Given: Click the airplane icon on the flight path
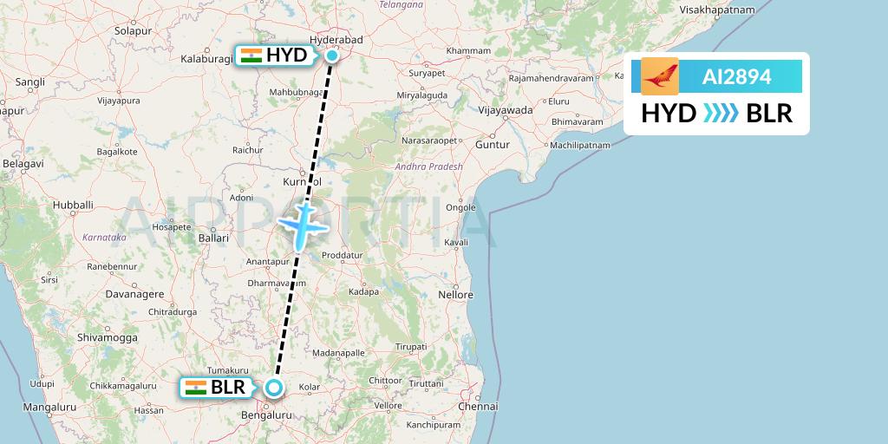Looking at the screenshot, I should click(301, 225).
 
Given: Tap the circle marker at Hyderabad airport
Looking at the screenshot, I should click(332, 56).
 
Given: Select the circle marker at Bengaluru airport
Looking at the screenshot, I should click(274, 388).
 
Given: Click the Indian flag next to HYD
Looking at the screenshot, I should click(251, 56).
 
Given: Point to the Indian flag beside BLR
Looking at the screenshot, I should click(195, 388).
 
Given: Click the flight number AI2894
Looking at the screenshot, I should click(736, 77).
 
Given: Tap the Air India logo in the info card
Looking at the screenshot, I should click(660, 76).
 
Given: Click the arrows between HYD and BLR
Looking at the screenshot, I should click(721, 114).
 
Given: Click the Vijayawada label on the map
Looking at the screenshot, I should click(507, 110).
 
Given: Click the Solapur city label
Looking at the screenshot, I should click(133, 30).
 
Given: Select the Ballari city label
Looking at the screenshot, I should click(213, 238).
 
